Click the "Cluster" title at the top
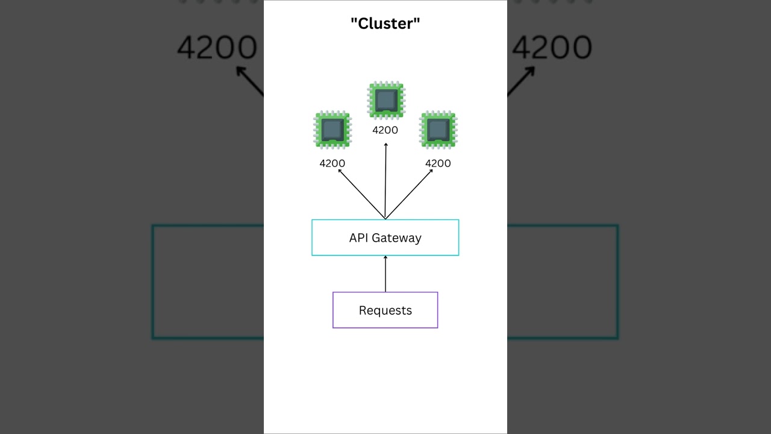tap(385, 24)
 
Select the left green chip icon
tap(332, 130)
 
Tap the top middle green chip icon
tap(386, 100)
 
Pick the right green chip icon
tap(438, 130)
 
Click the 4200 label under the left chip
tap(332, 163)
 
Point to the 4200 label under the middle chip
tap(385, 130)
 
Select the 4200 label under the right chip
tap(438, 163)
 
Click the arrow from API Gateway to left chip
tap(361, 194)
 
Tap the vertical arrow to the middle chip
tap(385, 181)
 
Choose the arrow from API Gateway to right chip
tap(410, 194)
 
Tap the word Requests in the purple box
tap(385, 310)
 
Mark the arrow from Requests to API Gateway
tap(385, 274)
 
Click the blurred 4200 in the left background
tap(217, 48)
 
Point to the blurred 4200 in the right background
tap(552, 48)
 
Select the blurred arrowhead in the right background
tap(530, 71)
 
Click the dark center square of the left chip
tap(332, 129)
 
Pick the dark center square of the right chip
tap(438, 129)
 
